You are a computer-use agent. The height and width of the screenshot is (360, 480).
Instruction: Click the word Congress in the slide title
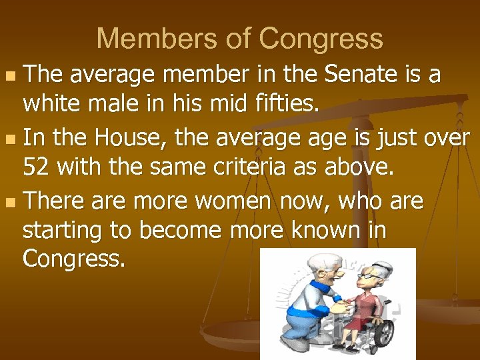(321, 39)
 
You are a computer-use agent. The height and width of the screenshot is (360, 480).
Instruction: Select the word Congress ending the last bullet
(73, 258)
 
